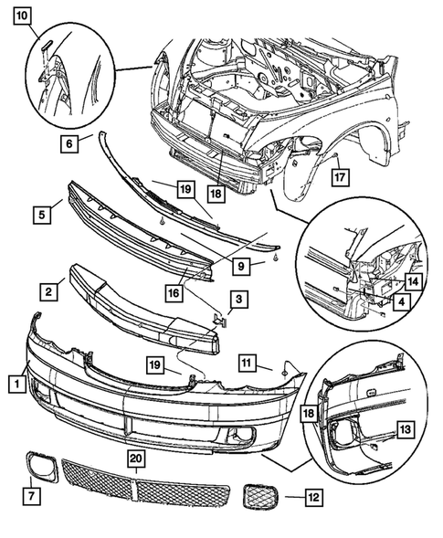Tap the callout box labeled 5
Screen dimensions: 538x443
point(42,216)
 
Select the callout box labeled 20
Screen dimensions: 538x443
point(135,458)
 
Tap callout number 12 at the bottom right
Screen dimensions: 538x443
point(312,498)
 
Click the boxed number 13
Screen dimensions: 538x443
point(405,427)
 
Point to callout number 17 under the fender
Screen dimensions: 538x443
point(337,176)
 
